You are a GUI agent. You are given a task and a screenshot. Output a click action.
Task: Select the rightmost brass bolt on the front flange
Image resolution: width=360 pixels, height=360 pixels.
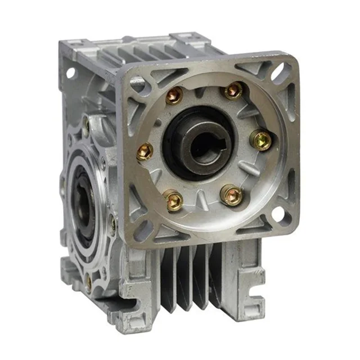tap(262, 139)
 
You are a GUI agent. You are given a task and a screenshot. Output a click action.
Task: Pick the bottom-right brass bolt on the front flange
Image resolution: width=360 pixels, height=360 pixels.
tap(232, 195)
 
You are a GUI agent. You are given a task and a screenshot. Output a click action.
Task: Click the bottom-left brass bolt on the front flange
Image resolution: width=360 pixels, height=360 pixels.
tap(173, 200)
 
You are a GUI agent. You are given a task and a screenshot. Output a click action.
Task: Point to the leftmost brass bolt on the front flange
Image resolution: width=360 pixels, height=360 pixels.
tap(145, 151)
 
